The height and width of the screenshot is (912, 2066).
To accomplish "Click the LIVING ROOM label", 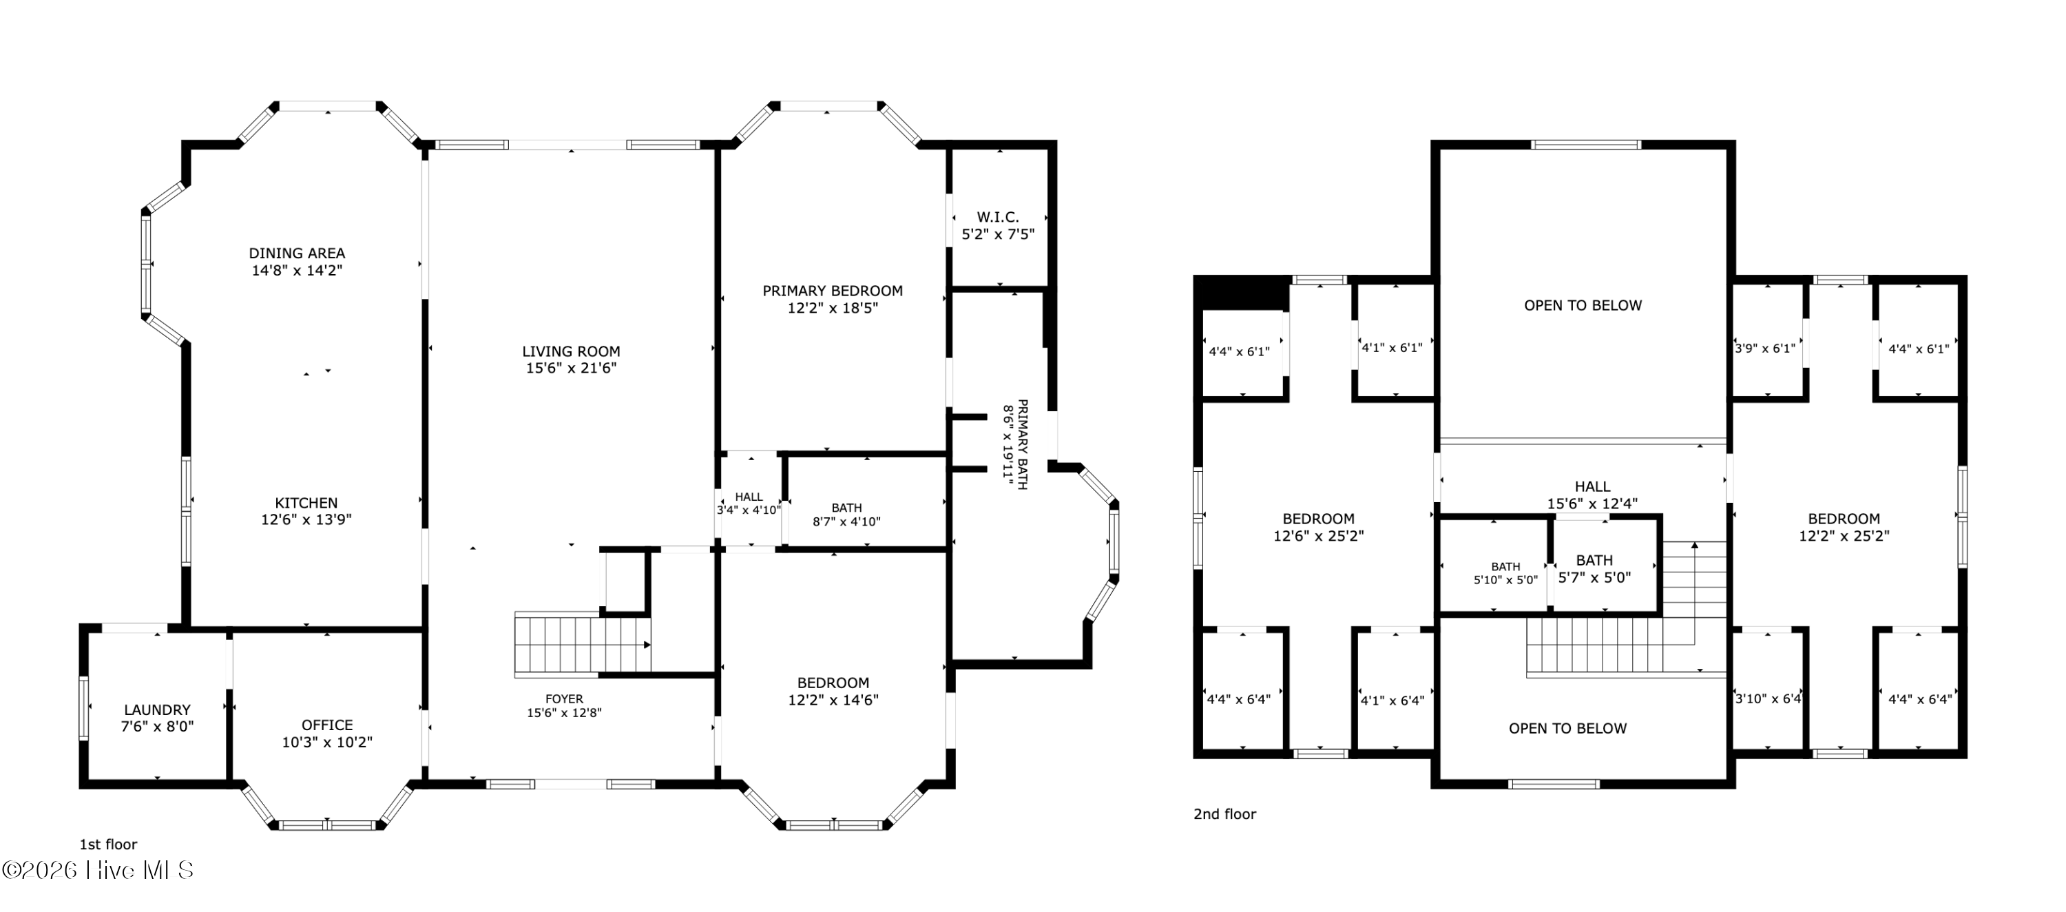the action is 571,360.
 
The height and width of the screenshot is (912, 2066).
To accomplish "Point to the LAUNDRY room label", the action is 157,718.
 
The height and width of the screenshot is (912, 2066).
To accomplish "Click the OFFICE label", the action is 327,733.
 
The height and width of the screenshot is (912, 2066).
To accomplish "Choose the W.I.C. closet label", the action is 999,225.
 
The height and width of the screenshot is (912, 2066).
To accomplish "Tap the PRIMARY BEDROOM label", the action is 833,299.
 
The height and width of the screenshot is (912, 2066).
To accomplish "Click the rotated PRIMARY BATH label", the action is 1014,444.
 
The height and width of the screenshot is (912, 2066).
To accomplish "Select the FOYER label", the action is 565,705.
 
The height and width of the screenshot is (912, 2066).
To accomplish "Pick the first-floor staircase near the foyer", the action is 582,643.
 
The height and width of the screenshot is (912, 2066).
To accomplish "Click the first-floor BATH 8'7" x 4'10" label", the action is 847,514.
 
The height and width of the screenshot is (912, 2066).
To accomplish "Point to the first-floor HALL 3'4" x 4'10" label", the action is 749,503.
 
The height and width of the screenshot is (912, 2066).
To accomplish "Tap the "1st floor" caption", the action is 108,844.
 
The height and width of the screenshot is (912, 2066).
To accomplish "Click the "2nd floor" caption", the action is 1224,813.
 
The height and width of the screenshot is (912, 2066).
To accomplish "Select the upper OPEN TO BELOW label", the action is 1583,304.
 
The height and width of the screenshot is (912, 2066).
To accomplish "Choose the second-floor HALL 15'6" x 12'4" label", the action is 1592,495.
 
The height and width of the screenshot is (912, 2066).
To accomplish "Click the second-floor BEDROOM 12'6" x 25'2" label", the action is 1319,527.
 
